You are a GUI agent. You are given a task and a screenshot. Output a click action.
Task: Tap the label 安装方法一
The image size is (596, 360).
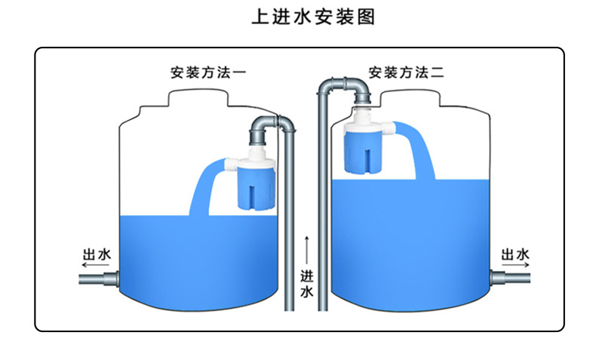[x=207, y=74]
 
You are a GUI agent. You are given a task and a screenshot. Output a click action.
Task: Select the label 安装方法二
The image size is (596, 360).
[x=406, y=73]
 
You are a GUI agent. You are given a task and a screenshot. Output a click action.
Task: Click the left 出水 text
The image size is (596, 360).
[x=97, y=254]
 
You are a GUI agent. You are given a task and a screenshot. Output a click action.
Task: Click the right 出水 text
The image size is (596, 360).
[x=515, y=254]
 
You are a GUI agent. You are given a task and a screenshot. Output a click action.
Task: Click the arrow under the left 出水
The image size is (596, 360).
[x=96, y=266]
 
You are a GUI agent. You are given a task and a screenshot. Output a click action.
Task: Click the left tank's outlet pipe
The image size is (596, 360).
[x=98, y=280]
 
